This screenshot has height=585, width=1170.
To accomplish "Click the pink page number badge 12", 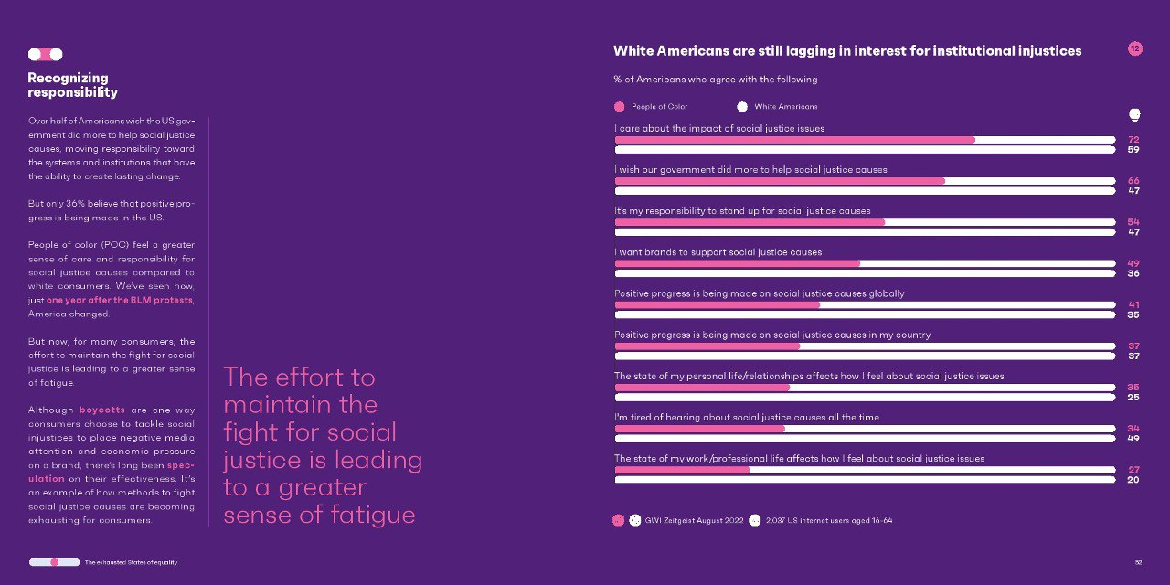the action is (1134, 48).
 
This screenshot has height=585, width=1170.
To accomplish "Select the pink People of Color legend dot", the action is (620, 107).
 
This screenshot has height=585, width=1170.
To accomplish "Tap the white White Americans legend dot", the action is (741, 107).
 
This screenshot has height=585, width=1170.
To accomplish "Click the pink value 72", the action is (1133, 140).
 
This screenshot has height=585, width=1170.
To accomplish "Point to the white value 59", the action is (1133, 149).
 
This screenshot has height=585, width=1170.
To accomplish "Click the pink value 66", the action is (1133, 181).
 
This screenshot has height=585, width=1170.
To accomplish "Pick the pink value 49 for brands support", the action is (1133, 263).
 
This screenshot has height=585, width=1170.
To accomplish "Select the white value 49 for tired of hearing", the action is (1133, 438).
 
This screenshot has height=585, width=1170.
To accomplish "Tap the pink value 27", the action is (1133, 470).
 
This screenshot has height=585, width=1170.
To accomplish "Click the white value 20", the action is (1133, 480).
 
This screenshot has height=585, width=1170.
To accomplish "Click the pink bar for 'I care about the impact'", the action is (795, 140).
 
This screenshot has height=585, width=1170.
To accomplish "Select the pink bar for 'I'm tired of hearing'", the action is (700, 429).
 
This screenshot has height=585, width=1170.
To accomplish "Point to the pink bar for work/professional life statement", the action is (682, 470).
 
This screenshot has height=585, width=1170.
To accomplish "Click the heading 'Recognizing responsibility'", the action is (72, 85).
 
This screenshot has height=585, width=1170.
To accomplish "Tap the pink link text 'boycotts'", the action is (101, 410).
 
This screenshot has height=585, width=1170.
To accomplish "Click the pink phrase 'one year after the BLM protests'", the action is (120, 301).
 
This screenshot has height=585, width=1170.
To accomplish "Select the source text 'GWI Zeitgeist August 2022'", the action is (694, 520).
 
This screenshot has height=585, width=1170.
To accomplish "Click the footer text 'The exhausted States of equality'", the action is (131, 562).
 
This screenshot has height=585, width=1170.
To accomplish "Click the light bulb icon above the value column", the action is (1134, 115).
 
